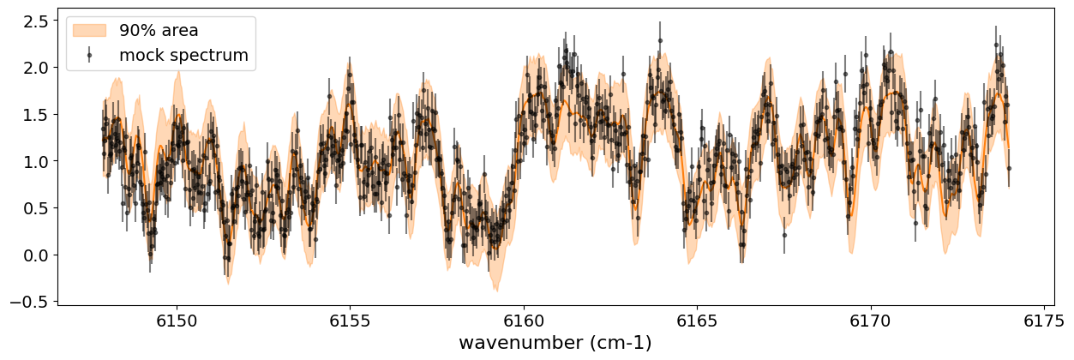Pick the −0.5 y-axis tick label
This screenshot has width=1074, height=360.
click(x=31, y=302)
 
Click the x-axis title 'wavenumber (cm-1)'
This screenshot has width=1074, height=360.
click(x=555, y=343)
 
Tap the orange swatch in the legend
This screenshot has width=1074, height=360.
click(x=89, y=30)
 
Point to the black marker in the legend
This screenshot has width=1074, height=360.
click(x=89, y=56)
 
